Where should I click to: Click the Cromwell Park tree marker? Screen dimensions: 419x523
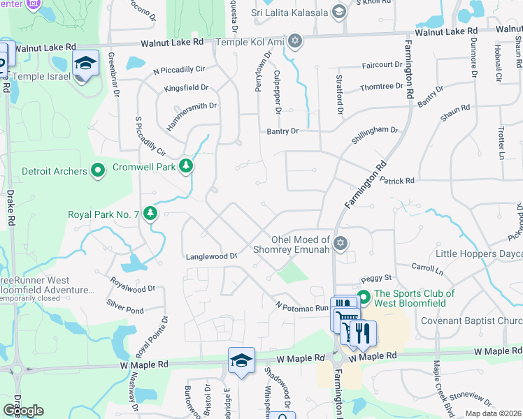click(x=186, y=166)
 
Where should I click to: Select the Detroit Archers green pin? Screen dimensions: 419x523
click(x=98, y=170)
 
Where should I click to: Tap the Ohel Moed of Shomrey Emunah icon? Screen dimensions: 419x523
click(x=341, y=243)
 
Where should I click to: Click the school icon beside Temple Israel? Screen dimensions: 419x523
click(x=85, y=64)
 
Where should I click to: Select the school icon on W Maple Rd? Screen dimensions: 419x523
click(x=241, y=360)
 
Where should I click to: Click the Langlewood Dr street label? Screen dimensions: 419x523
click(x=212, y=256)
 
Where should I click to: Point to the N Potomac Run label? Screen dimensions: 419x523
click(x=301, y=307)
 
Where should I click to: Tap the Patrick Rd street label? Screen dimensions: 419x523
click(x=397, y=180)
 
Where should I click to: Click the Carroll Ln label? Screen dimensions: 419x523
click(x=427, y=267)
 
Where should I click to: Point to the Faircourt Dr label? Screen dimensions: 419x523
click(x=382, y=65)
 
